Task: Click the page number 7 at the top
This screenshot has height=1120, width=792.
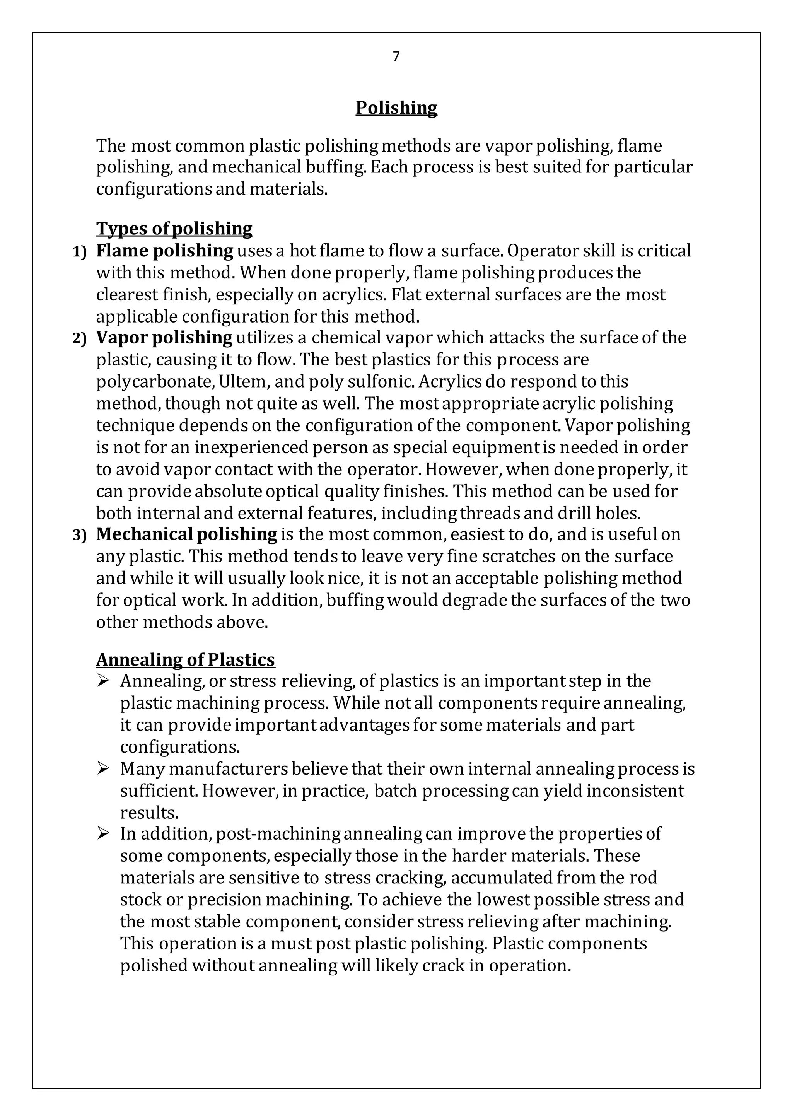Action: coord(396,56)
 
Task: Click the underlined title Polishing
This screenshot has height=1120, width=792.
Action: coord(396,108)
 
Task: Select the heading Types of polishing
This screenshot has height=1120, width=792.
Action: coord(174,228)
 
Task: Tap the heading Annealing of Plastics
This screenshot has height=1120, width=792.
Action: coord(185,659)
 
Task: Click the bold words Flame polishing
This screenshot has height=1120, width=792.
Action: coord(164,251)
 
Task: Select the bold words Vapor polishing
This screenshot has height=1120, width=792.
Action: coord(164,338)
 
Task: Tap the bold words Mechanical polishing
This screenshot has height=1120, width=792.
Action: coord(186,534)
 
